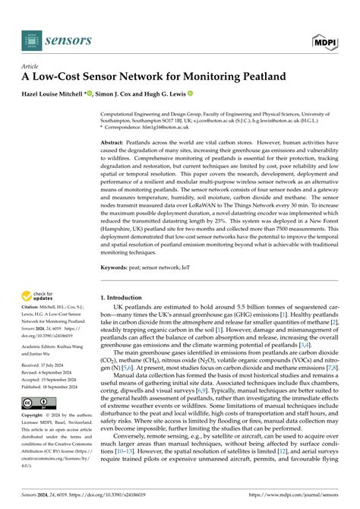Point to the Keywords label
(x=118, y=268)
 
